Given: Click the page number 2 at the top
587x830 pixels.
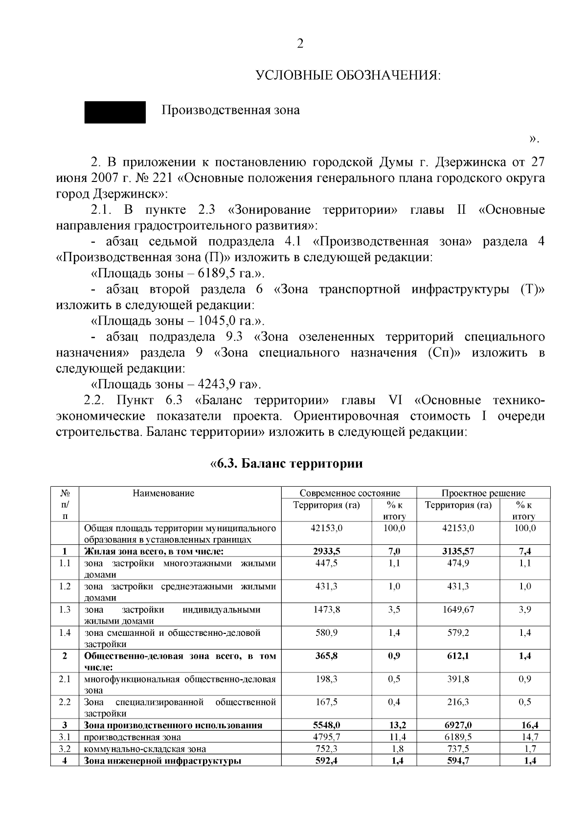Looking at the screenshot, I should [x=300, y=44].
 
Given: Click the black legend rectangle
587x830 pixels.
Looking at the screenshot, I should [x=115, y=112].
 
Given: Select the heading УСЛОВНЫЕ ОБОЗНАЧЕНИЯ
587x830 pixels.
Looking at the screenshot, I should [x=349, y=76].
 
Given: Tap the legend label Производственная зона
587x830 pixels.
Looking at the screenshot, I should [x=231, y=111].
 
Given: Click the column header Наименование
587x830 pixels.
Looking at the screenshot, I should [x=163, y=493].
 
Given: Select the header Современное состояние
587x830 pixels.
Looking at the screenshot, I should [x=350, y=493].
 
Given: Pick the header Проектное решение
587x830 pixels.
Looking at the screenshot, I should [x=483, y=493].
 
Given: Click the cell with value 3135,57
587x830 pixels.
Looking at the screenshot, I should [x=458, y=551].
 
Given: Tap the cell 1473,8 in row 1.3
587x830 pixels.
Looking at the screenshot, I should [x=327, y=609].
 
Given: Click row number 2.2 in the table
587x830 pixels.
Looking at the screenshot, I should [x=65, y=702].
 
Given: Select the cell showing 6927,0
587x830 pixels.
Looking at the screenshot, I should [x=458, y=725].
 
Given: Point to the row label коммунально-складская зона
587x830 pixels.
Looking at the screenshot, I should [x=145, y=749].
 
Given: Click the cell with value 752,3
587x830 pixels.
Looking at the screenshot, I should [x=327, y=749].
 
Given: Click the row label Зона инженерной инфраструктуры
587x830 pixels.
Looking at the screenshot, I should [x=162, y=761].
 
